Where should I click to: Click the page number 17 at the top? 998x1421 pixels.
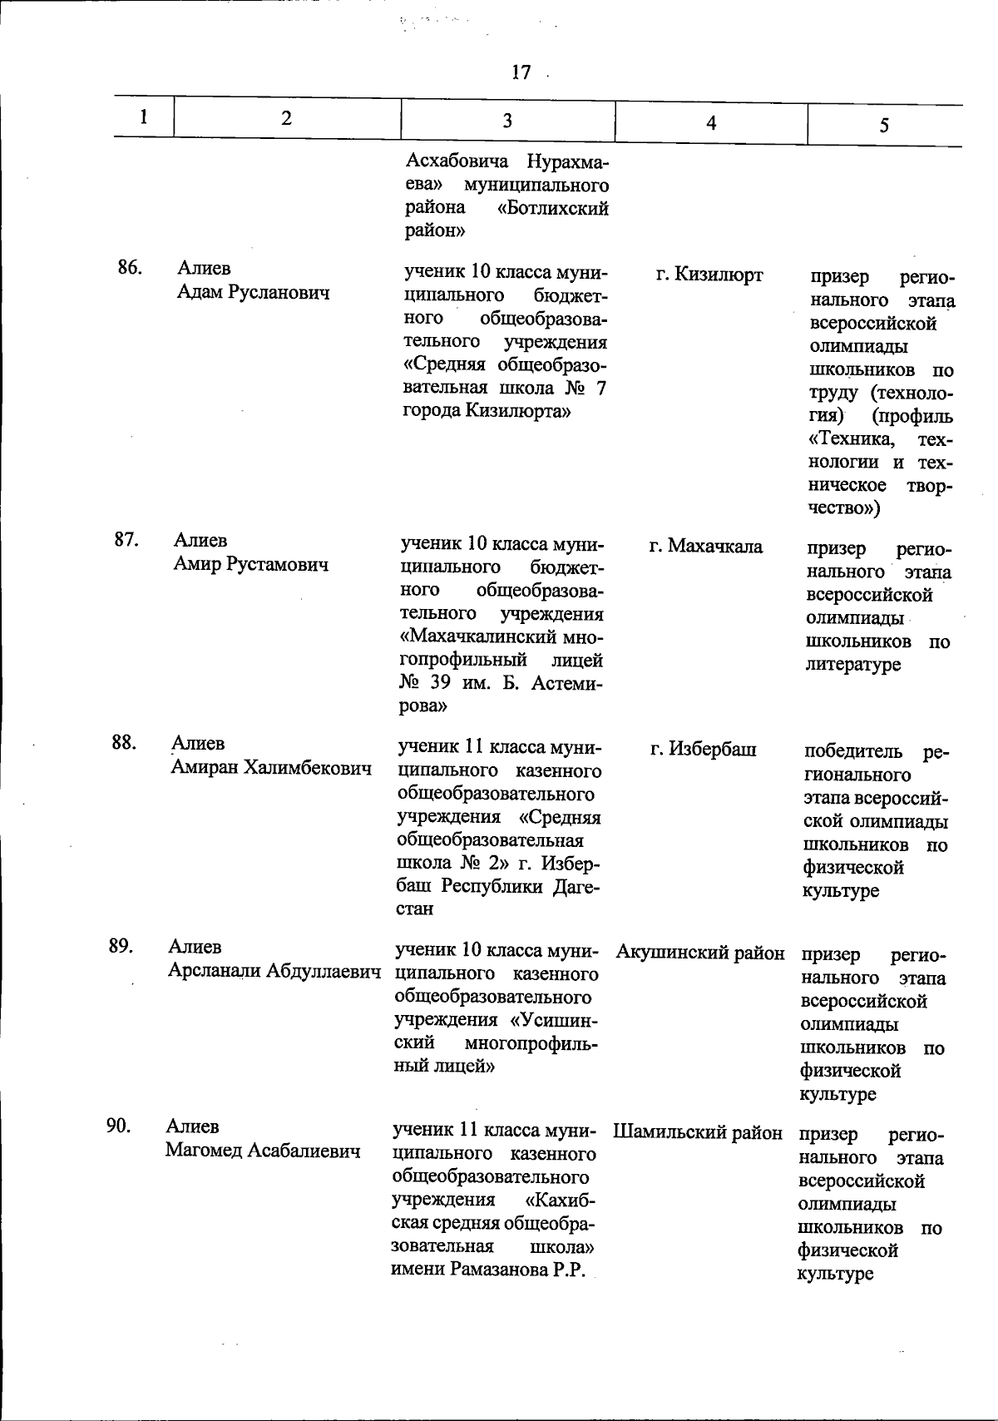(521, 73)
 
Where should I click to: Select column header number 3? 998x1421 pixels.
(506, 121)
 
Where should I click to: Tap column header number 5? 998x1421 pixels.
(884, 125)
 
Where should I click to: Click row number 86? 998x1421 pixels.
(129, 268)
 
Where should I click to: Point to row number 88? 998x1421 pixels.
(124, 743)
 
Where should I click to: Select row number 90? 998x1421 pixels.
(119, 1126)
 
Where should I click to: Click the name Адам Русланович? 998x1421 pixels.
(253, 293)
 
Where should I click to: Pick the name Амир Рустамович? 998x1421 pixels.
(250, 565)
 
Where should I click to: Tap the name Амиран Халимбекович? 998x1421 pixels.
(271, 767)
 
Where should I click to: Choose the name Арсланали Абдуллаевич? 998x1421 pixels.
(274, 971)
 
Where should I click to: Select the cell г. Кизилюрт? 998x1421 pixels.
(709, 275)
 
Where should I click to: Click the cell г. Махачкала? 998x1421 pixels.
(705, 547)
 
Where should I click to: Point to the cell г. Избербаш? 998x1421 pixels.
(703, 750)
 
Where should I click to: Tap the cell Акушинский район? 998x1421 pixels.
(700, 953)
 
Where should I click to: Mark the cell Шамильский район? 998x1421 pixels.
(698, 1132)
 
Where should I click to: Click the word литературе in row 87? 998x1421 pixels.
(852, 665)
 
